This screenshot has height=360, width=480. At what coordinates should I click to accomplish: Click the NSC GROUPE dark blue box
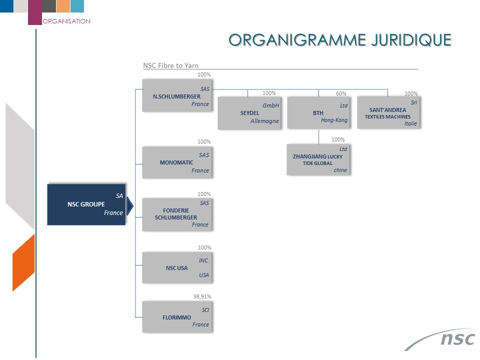86,204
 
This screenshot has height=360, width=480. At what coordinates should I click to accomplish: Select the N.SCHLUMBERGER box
177,95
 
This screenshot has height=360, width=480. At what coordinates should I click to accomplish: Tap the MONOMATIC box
177,162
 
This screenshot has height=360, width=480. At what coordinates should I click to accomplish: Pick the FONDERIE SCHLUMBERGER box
177,214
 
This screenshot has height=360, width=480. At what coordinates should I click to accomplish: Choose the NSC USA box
177,267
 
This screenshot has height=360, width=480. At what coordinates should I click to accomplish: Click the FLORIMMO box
177,317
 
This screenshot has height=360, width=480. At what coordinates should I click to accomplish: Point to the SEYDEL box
250,113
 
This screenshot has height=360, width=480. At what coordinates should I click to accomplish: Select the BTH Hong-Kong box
319,112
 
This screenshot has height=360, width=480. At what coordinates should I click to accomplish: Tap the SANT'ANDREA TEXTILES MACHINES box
389,112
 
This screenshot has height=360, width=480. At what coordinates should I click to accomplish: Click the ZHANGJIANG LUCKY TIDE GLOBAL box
318,160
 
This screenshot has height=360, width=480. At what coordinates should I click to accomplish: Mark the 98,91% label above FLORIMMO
202,296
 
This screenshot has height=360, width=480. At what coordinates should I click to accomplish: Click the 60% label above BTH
341,93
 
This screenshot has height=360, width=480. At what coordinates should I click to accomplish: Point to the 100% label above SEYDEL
269,93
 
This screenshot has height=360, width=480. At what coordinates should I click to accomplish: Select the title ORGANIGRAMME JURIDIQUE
340,40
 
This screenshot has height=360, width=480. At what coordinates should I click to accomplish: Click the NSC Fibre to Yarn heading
171,65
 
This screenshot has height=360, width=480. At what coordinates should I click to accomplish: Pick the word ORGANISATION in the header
66,21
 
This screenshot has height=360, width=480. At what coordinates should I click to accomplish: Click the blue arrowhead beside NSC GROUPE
130,205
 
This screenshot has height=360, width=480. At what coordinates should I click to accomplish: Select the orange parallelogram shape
23,262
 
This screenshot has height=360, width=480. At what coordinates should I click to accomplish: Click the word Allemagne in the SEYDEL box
264,121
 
